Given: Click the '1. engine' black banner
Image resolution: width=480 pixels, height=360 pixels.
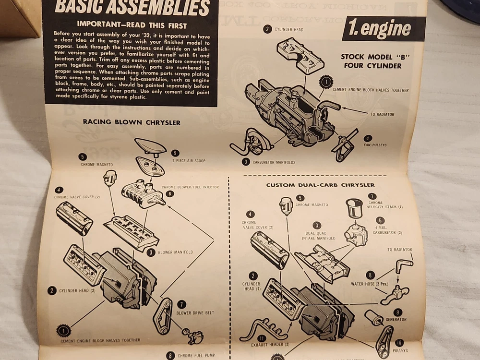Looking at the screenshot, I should [383, 29].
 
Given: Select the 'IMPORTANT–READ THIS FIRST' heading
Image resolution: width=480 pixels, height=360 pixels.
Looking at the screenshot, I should [132, 25].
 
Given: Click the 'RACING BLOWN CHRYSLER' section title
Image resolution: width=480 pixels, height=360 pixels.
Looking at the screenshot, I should [132, 122].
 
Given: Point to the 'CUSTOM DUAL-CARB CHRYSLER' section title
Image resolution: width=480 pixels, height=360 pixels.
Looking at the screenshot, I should [320, 185].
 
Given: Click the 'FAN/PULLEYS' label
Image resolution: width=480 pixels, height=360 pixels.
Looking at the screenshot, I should [375, 144].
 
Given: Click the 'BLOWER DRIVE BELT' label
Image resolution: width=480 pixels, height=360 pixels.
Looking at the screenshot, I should [195, 312].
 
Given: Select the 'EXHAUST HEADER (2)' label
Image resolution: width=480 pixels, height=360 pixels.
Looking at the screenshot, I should [270, 344].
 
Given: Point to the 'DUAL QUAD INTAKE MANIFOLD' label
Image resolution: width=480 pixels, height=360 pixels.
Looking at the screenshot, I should [317, 235].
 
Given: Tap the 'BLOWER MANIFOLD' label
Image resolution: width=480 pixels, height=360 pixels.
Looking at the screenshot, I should [176, 252].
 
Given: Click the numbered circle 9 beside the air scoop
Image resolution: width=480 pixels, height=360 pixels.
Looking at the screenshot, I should [175, 153].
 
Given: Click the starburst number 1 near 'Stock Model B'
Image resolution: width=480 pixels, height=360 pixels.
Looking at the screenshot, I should [326, 83].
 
